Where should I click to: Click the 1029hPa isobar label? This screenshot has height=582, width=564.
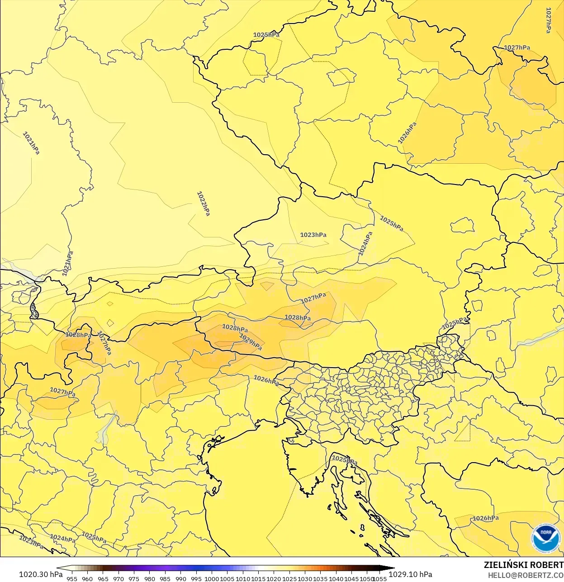tap(251, 342)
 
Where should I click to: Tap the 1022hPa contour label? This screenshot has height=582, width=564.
tap(203, 203)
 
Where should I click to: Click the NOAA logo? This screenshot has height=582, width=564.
tap(545, 538)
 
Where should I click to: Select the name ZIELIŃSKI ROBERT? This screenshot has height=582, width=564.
tap(523, 565)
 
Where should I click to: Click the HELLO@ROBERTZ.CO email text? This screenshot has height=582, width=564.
tap(526, 575)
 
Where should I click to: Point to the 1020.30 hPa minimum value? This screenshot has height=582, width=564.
tap(41, 574)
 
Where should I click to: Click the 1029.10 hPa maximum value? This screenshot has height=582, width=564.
tap(410, 574)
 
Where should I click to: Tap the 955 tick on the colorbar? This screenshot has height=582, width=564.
tap(72, 578)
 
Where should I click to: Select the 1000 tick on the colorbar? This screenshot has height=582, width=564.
tap(212, 578)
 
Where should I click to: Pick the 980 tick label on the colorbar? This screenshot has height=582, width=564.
tap(150, 578)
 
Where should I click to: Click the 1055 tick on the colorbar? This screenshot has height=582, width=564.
tap(379, 578)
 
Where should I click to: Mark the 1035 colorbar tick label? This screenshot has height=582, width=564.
tap(320, 578)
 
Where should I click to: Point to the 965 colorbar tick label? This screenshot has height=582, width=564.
tap(103, 578)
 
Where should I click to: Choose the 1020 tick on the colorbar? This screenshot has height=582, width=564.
tap(274, 578)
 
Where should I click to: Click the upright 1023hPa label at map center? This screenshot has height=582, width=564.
tap(313, 235)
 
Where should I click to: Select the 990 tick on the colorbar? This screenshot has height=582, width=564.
tap(181, 578)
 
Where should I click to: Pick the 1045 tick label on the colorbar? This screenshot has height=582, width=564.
tap(351, 578)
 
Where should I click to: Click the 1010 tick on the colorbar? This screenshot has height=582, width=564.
tap(243, 578)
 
